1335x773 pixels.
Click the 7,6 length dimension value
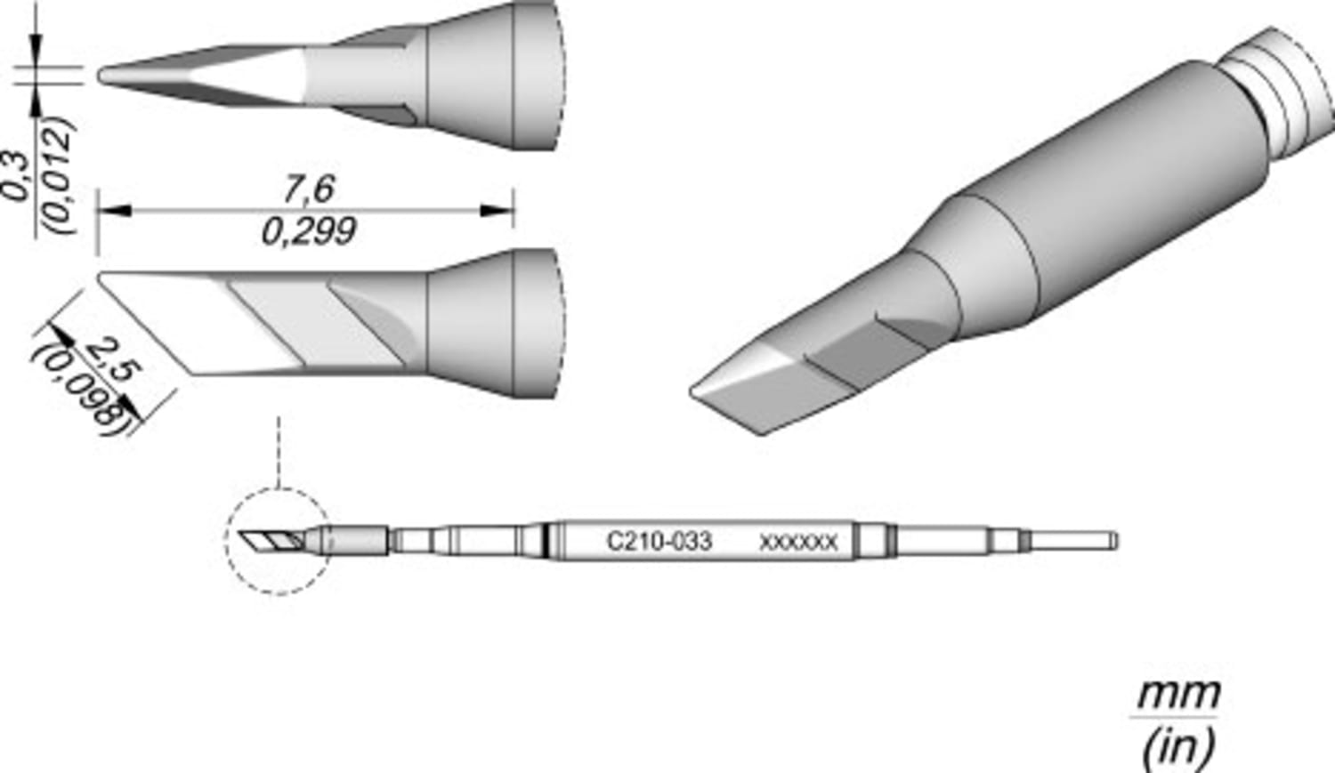coord(308,189)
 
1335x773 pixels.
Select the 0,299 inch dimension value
coord(308,233)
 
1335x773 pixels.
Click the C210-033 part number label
coord(659,542)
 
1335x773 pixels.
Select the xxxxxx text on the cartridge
coord(798,543)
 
